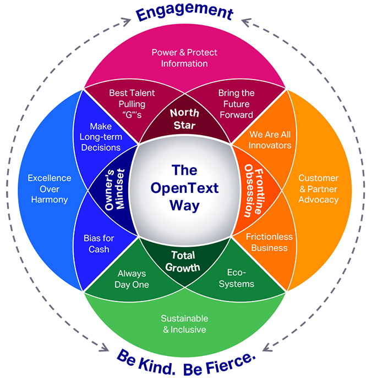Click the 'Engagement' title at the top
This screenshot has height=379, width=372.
tap(185, 12)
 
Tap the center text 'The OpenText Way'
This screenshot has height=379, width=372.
tap(186, 188)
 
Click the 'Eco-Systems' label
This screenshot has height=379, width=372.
tap(240, 278)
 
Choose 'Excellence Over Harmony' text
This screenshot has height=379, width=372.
tap(50, 189)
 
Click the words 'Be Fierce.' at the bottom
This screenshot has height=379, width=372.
tap(223, 361)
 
